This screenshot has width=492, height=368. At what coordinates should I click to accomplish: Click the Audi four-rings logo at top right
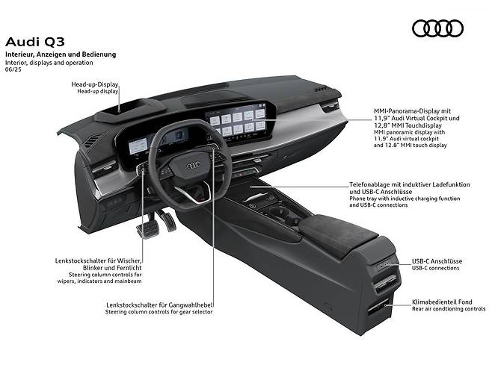coord(437,28)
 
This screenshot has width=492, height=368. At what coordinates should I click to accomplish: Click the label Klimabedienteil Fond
coord(442,302)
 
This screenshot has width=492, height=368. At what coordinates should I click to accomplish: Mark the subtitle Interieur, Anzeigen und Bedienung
coord(61,54)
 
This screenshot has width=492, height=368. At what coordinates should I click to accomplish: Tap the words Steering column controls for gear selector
coord(159,311)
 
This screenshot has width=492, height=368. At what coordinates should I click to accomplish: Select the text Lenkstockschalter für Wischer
coord(99,261)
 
